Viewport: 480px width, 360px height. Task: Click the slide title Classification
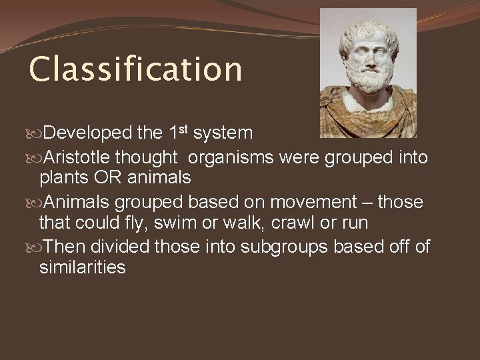click(135, 69)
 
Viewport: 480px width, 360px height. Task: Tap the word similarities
click(82, 267)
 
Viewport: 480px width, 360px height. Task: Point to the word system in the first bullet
click(223, 133)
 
